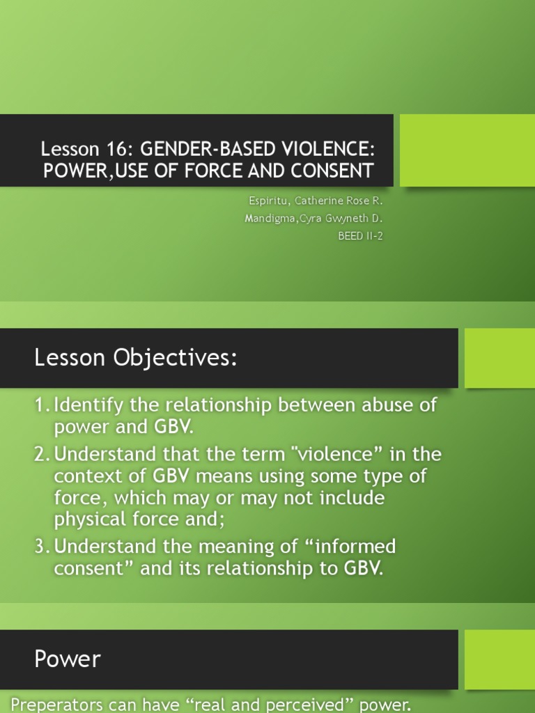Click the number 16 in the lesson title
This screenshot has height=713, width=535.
(115, 149)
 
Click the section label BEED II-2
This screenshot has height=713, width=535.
(360, 236)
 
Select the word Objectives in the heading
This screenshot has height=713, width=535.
(175, 357)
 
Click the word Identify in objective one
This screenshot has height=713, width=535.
(88, 405)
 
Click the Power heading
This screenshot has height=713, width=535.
(68, 659)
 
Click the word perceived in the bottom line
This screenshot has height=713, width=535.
(309, 705)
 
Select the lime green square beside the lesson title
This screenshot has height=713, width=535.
(467, 150)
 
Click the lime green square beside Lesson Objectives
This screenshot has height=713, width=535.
(499, 358)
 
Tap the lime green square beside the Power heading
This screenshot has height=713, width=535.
(499, 659)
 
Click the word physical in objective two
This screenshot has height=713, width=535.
(91, 519)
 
